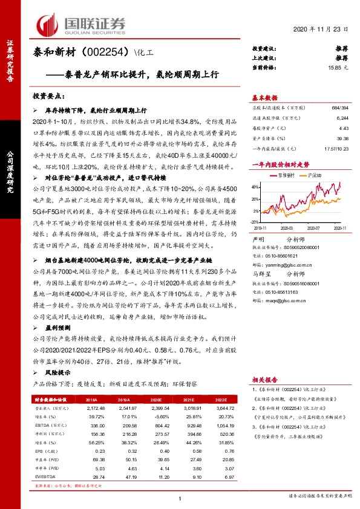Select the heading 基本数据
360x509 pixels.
coord(265,98)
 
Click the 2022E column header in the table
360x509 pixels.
coord(222,400)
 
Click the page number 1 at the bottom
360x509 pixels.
coord(180,498)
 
